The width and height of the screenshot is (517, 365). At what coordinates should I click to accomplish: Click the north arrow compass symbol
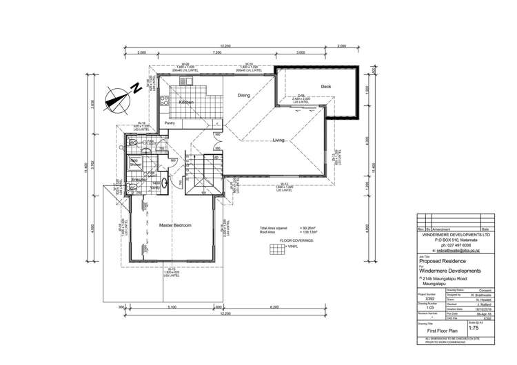coord(123,92)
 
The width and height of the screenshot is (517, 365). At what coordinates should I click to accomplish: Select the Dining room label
coord(244,95)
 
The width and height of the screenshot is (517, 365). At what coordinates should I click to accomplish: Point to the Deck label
coord(326,86)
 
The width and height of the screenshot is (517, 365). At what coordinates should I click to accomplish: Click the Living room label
coord(278,140)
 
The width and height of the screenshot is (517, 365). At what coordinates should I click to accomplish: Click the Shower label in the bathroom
coord(134,165)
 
